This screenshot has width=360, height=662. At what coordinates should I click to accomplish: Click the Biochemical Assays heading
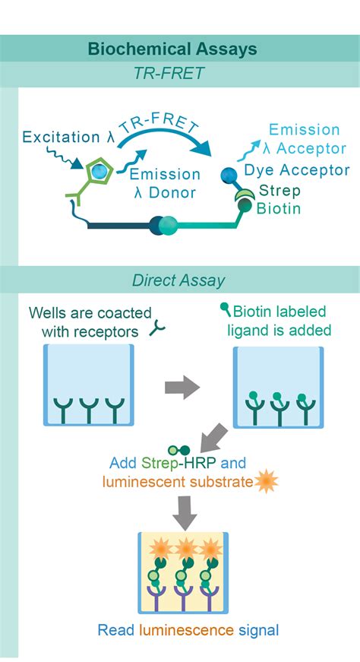[x=172, y=50]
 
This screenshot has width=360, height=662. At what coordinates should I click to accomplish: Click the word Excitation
[x=55, y=138]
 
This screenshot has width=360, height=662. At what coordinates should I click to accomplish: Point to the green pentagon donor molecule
[x=99, y=172]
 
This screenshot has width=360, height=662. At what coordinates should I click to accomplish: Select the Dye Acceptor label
[x=296, y=171]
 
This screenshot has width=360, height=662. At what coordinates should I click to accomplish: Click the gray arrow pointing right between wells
[x=182, y=387]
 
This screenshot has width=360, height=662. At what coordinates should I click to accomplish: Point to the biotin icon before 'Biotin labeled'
[x=226, y=309]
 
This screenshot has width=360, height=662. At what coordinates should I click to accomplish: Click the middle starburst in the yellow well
[x=185, y=547]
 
